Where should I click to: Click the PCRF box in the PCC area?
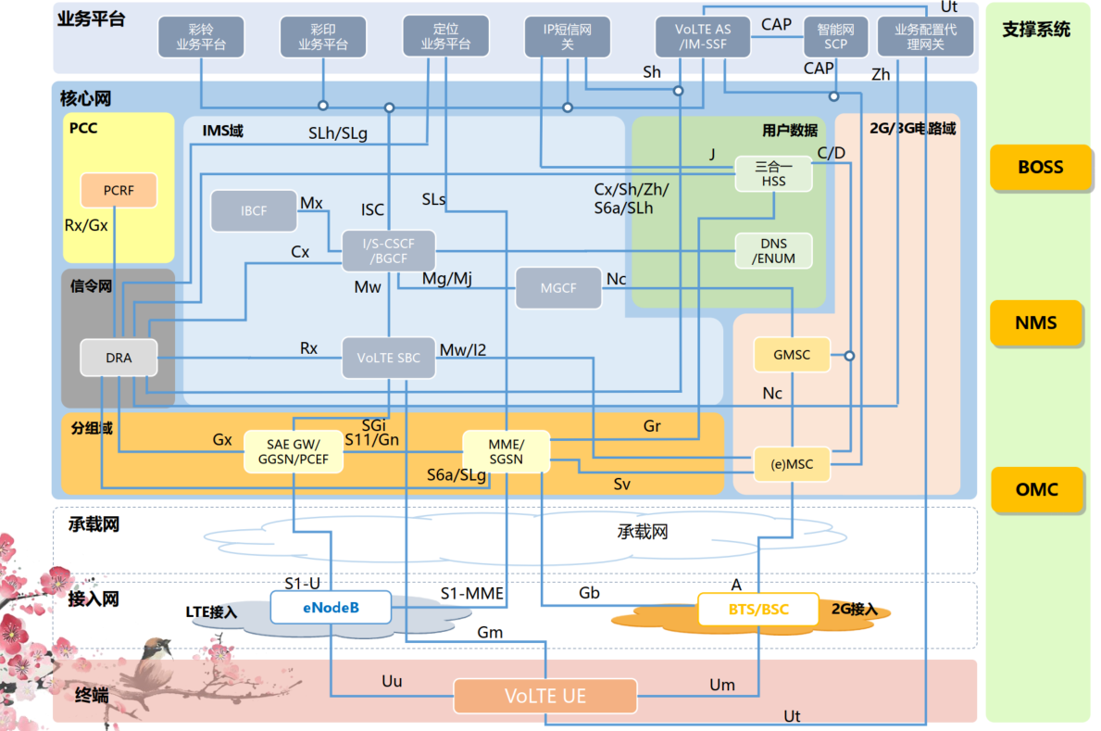[x=118, y=190]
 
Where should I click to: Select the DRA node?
[x=119, y=358]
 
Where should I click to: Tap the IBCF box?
[x=254, y=211]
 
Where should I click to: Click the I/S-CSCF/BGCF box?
[x=388, y=251]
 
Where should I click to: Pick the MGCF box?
[x=557, y=288]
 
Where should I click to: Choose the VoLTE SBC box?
[x=388, y=358]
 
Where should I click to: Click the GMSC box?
[x=792, y=355]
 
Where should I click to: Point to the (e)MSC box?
[x=792, y=464]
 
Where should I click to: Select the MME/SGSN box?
[x=506, y=451]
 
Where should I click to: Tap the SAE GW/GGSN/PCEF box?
[x=293, y=451]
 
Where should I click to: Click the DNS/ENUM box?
[x=773, y=251]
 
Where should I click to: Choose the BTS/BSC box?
[x=757, y=610]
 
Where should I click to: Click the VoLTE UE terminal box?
[x=545, y=696]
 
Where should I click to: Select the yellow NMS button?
[x=1036, y=323]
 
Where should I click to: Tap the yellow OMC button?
[x=1036, y=490]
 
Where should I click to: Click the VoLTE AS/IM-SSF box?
[x=703, y=36]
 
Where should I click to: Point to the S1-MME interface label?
[x=471, y=593]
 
